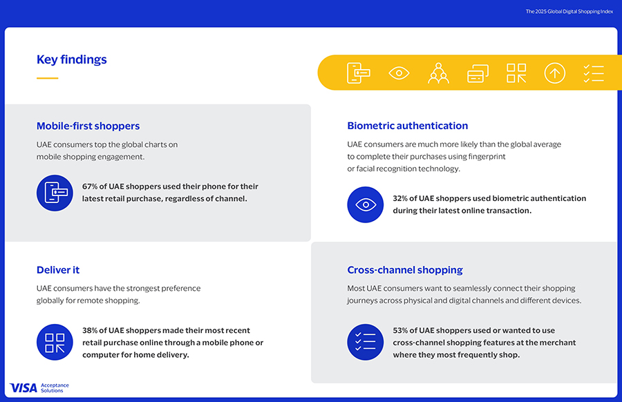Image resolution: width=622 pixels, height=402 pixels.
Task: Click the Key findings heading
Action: (x=72, y=59)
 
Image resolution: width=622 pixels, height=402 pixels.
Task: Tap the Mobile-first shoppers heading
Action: (x=88, y=126)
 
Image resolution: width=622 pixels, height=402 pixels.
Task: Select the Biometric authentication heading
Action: (x=407, y=126)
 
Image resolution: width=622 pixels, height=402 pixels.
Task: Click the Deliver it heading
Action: (x=58, y=269)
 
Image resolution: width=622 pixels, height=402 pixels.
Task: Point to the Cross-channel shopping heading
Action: (x=405, y=269)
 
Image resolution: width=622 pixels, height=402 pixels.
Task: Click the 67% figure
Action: (x=91, y=186)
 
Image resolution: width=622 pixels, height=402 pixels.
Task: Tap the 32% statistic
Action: (x=402, y=198)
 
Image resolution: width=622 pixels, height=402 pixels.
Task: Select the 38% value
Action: (x=91, y=330)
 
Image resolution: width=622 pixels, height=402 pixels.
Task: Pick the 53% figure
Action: (x=402, y=330)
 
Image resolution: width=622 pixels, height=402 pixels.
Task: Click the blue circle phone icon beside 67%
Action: (x=55, y=193)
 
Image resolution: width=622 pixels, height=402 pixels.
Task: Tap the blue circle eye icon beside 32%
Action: (x=365, y=204)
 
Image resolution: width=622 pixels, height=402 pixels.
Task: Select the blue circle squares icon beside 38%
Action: (x=55, y=343)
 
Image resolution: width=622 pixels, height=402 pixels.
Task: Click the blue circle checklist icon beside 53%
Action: (x=365, y=343)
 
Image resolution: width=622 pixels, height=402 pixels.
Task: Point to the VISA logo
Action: (x=23, y=387)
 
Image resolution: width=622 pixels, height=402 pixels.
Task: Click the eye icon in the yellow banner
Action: (x=399, y=73)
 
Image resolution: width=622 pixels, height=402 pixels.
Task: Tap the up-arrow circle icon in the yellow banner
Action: (x=554, y=73)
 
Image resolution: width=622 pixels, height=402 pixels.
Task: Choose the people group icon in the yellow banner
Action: (x=438, y=73)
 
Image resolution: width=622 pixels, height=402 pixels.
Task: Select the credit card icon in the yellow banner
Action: (x=478, y=73)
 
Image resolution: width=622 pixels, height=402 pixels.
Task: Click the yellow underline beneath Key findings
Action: (x=47, y=78)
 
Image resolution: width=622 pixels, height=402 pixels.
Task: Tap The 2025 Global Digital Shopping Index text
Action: (x=569, y=12)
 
